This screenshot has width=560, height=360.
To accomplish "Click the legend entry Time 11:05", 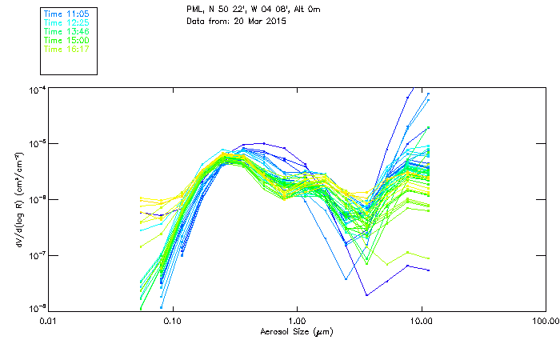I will [65, 14].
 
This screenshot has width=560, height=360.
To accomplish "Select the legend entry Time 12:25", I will [65, 23].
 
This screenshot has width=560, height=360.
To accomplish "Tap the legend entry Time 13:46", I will [65, 32].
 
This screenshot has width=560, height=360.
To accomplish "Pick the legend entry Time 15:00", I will [65, 41].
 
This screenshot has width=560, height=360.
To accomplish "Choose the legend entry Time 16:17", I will [65, 50].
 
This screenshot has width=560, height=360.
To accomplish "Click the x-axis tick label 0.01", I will [48, 322].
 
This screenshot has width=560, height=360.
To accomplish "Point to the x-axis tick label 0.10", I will [172, 322].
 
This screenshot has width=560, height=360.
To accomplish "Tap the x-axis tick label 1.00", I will [297, 322].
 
